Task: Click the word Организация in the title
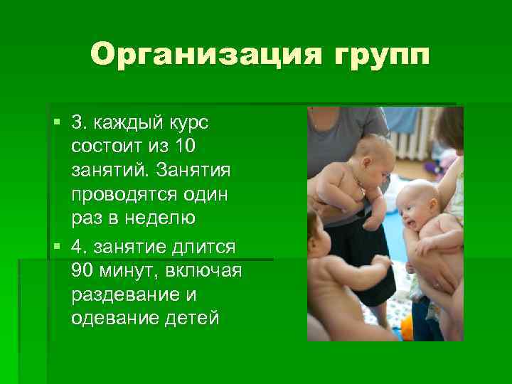click(188, 55)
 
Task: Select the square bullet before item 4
click(58, 245)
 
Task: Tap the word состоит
click(104, 146)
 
